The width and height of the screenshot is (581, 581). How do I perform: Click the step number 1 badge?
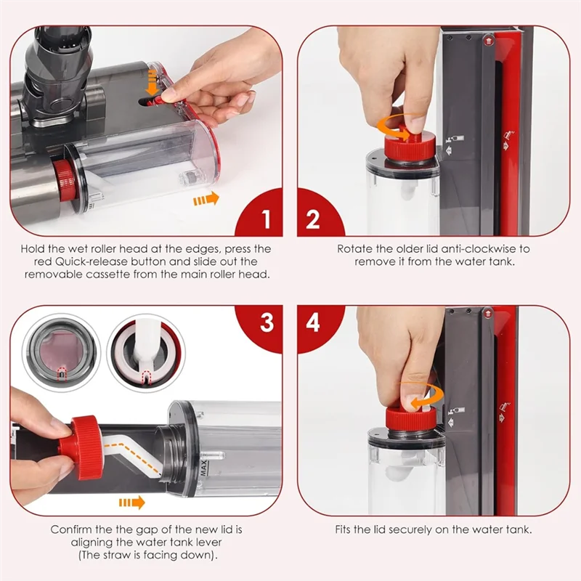265,219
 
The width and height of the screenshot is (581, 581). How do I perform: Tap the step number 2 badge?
314,219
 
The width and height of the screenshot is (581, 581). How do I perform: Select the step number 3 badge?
265,322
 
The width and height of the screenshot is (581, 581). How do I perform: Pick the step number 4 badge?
314,322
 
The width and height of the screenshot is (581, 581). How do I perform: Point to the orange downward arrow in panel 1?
153,87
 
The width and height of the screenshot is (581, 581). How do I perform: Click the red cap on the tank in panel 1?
63,179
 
